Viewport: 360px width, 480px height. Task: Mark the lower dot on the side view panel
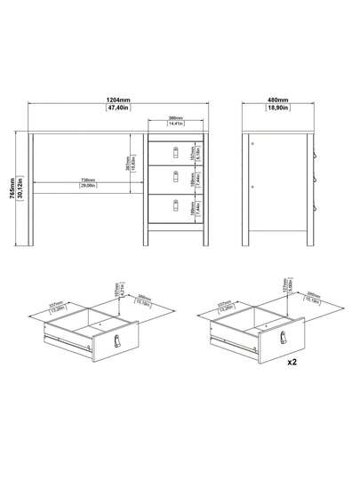pyautogui.click(x=253, y=187)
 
